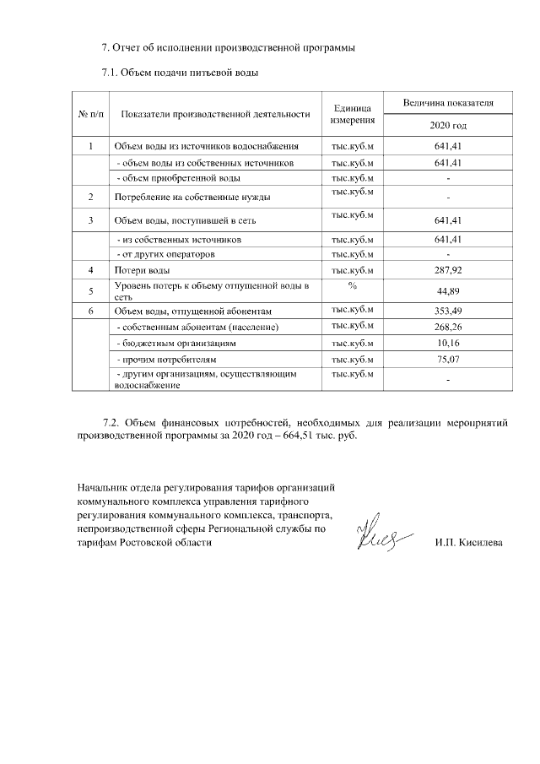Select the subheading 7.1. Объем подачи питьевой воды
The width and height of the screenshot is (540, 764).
point(179,73)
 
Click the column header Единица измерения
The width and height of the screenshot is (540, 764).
point(352,114)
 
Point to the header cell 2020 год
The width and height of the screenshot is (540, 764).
point(447,125)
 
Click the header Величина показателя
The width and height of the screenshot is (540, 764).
point(447,102)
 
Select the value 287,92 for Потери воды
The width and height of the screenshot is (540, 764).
point(447,270)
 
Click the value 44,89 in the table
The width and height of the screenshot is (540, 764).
point(447,291)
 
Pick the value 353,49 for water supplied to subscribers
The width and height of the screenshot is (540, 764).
point(447,312)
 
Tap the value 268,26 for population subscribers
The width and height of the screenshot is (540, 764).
point(447,328)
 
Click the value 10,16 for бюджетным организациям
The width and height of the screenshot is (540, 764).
point(447,344)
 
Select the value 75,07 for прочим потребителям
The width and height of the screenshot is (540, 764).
point(447,360)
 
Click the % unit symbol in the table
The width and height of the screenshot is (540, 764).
point(352,286)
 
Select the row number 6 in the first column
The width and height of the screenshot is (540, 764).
point(90,312)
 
